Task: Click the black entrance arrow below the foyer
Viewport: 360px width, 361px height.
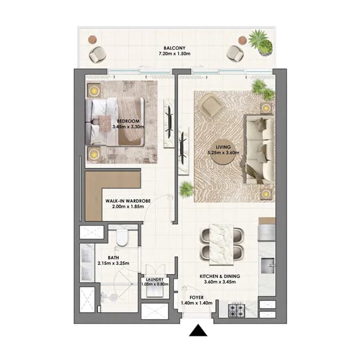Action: (x=198, y=331)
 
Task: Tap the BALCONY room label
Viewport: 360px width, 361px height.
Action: (x=175, y=48)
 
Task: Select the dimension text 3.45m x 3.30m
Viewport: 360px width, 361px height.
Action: (x=128, y=127)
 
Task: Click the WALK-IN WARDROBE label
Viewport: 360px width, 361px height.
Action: (x=128, y=201)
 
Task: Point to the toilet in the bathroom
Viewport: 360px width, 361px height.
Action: (x=122, y=237)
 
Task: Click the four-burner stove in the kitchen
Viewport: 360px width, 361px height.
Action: (x=236, y=310)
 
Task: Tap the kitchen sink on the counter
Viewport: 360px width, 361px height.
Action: (x=268, y=266)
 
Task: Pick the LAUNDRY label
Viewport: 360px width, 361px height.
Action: (x=155, y=279)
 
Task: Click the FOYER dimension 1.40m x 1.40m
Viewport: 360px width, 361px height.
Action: (x=197, y=303)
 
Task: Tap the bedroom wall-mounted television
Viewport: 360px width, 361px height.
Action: (x=169, y=122)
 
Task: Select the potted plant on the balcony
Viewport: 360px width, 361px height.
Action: (x=261, y=43)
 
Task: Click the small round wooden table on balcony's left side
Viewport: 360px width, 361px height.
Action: (x=92, y=39)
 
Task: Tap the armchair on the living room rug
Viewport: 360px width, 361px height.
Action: (x=212, y=106)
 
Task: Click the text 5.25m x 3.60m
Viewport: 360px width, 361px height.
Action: (x=223, y=153)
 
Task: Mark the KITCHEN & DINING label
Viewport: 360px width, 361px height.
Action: (x=220, y=276)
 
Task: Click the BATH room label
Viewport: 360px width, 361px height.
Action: (x=113, y=258)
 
